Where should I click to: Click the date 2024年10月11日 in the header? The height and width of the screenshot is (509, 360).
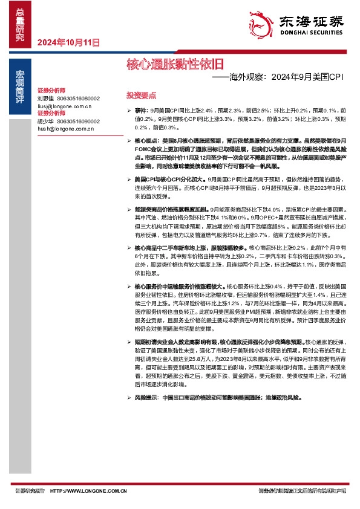coord(68,42)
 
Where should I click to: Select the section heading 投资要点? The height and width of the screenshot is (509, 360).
coord(141,96)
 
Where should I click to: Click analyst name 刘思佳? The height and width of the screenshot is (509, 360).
coord(46,98)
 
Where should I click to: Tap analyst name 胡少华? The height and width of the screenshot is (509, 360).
coord(46,121)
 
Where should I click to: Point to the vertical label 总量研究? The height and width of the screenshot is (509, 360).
coord(20,24)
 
